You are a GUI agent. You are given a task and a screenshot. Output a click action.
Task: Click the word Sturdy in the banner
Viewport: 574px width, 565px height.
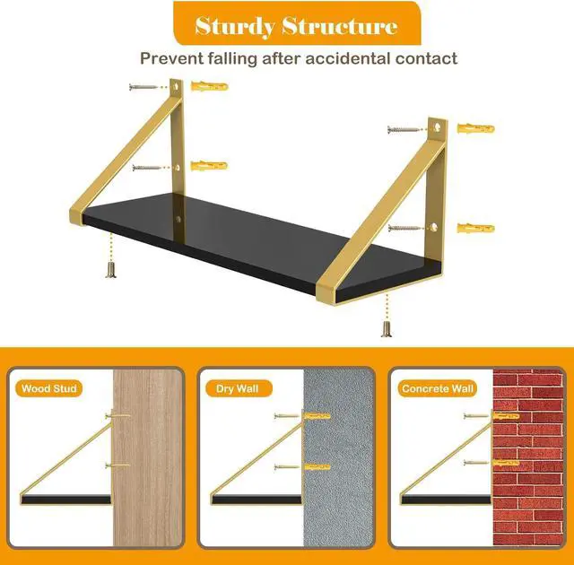click(235, 27)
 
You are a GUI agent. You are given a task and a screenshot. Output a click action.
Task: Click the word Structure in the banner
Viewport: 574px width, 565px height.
click(339, 26)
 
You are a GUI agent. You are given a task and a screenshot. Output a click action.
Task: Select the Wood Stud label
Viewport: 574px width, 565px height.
click(48, 388)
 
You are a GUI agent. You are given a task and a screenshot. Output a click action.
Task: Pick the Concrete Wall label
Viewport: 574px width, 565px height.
click(438, 388)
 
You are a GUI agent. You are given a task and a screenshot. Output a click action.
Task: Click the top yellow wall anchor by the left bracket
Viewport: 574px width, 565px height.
click(209, 86)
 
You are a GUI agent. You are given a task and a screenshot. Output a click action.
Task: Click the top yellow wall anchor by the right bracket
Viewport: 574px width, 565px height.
click(476, 129)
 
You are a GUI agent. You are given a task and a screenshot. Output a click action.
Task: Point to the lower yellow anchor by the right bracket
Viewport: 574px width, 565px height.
click(476, 229)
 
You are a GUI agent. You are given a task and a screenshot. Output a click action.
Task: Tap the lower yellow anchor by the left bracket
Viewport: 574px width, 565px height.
click(209, 165)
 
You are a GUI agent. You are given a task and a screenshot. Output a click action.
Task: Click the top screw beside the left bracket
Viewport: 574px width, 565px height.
click(143, 87)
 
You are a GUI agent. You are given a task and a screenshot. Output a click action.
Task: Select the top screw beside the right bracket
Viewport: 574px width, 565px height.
click(403, 129)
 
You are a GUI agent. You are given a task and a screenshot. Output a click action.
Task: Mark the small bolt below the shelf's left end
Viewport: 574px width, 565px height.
click(111, 271)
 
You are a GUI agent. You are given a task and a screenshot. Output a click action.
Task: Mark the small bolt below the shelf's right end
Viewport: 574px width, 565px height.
click(387, 328)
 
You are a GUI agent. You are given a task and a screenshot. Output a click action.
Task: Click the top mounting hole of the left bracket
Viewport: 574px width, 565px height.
click(177, 87)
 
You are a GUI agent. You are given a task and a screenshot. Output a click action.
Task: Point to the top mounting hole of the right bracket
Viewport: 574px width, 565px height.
click(437, 127)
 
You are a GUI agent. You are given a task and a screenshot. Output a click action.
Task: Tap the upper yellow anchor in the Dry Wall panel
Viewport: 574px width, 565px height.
click(317, 416)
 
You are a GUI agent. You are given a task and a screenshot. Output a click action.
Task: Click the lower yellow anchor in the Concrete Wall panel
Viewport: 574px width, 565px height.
click(506, 463)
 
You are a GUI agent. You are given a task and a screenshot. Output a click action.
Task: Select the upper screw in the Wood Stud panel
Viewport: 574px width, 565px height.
click(117, 415)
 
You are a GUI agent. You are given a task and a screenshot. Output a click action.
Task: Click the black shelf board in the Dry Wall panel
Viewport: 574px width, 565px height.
click(257, 500)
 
